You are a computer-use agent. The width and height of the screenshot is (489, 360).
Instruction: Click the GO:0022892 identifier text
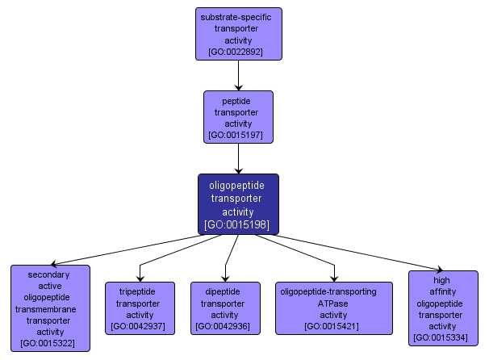coord(238,51)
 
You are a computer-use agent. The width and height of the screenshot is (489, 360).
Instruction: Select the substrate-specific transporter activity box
coord(238,33)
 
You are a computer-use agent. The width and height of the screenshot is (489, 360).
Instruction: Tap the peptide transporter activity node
coord(238,116)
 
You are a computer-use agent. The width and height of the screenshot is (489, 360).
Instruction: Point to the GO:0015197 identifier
coord(238,135)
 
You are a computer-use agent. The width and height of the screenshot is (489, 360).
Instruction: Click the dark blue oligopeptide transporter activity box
coord(238,203)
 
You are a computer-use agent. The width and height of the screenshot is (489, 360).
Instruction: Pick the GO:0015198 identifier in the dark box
coord(238,224)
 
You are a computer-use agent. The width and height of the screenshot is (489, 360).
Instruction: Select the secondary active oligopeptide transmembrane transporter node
coord(50,308)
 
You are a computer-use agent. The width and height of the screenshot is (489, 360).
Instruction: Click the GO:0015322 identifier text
coord(50,342)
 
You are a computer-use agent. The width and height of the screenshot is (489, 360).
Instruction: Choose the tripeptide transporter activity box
coord(140,308)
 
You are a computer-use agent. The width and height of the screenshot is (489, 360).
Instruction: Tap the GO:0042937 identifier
coord(140,326)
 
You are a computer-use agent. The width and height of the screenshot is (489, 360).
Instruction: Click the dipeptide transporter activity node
coord(225,308)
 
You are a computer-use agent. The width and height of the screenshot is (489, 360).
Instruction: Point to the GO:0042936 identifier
coord(225,326)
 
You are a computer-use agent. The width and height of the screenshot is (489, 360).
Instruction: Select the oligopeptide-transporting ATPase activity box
coord(333,308)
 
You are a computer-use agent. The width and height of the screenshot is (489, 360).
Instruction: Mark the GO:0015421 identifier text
coord(333,326)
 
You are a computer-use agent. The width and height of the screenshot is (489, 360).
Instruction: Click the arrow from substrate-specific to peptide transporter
coord(238,75)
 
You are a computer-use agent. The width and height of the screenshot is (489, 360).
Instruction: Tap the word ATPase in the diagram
coord(333,303)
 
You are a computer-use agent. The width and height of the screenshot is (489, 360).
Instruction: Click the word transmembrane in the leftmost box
coord(50,308)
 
